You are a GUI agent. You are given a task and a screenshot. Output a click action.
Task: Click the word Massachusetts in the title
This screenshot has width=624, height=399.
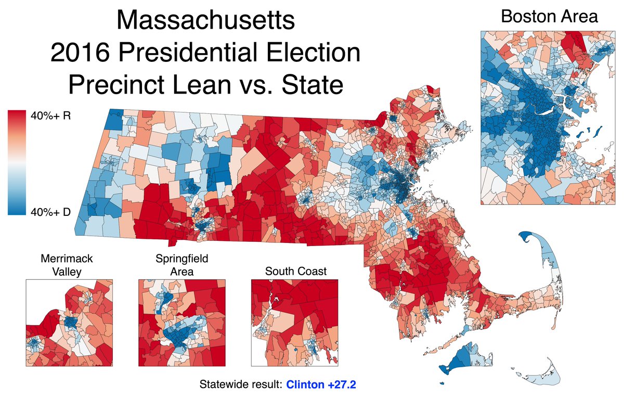click(x=206, y=22)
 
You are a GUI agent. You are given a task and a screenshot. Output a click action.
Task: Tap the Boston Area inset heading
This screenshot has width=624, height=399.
click(x=549, y=16)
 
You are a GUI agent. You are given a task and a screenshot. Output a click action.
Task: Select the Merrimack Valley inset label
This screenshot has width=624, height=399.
click(x=69, y=265)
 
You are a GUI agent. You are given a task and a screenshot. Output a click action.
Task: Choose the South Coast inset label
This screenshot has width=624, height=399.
click(x=295, y=271)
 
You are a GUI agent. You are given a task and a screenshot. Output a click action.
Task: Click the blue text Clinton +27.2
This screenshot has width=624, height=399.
click(x=322, y=385)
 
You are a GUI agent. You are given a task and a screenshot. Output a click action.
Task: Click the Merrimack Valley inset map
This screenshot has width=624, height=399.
click(x=69, y=323)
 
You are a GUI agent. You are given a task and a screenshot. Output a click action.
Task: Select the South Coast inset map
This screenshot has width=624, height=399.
click(x=294, y=323)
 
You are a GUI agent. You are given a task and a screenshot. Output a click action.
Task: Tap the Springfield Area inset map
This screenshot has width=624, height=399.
click(x=181, y=323)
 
